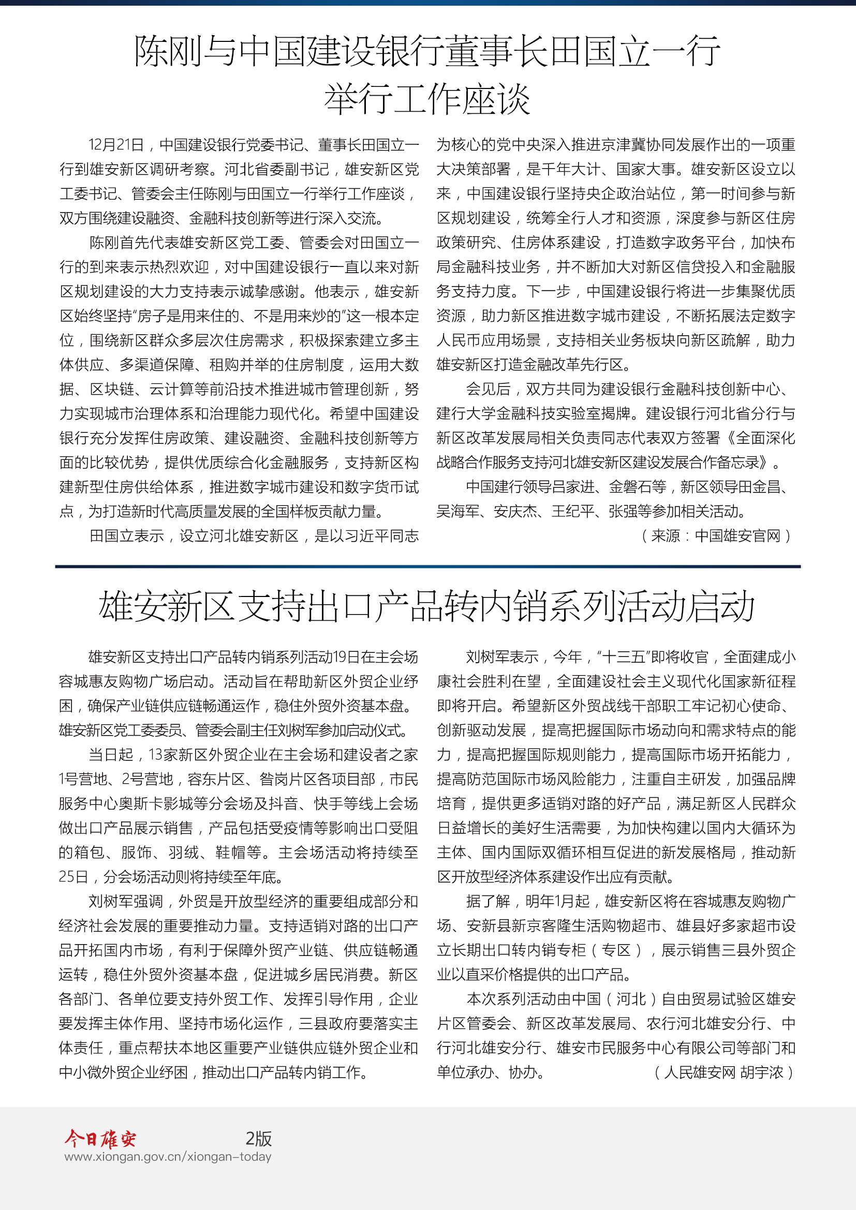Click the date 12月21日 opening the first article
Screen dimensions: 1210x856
[x=116, y=144]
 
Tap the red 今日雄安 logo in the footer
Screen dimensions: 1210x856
[x=100, y=1139]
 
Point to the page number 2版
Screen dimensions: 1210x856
[x=258, y=1139]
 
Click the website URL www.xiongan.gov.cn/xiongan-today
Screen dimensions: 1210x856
[x=168, y=1157]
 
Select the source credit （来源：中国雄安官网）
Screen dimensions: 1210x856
[x=716, y=536]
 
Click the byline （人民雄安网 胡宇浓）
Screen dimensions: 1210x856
[x=724, y=1072]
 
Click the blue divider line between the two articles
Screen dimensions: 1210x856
[x=427, y=566]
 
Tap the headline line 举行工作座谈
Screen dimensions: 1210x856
[x=427, y=99]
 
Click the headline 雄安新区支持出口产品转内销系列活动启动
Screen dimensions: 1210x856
[x=427, y=607]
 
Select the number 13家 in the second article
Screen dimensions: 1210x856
[x=163, y=755]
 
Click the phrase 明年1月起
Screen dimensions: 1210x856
[x=557, y=901]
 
